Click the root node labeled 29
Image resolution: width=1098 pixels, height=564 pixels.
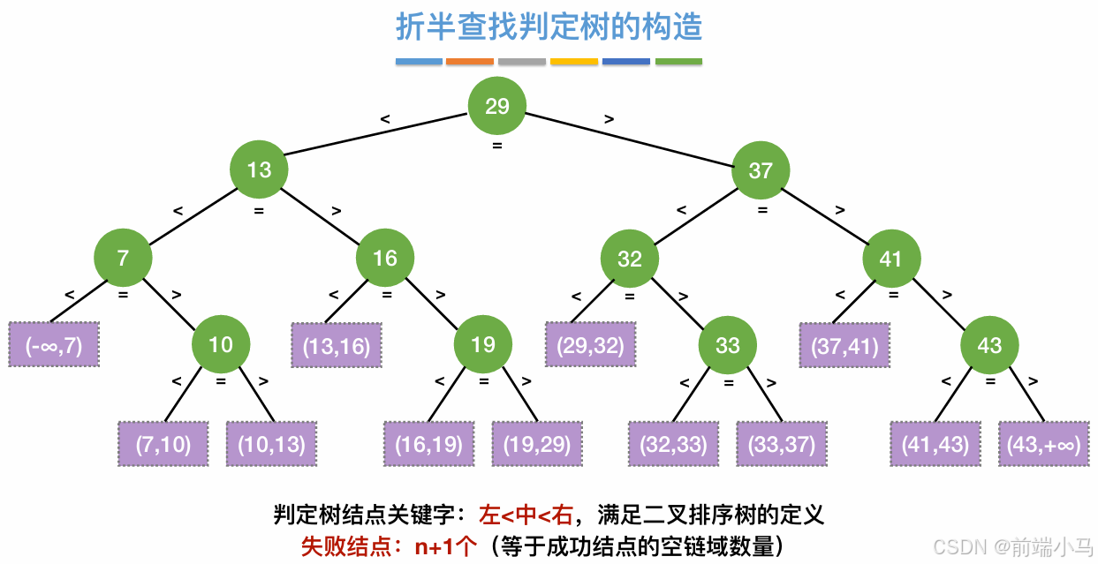(496, 106)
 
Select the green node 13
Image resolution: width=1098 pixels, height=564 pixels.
(259, 169)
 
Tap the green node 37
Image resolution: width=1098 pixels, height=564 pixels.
(760, 169)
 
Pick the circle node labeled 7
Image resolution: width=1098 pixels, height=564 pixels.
(123, 258)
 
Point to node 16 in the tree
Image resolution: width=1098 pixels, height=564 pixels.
(385, 258)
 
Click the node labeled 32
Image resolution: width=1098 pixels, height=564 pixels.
(629, 258)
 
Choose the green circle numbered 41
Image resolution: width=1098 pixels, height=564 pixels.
(891, 258)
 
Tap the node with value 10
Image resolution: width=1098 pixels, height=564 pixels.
(221, 343)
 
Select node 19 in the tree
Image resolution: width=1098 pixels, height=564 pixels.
(483, 343)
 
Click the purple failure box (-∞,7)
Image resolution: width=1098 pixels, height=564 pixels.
(54, 345)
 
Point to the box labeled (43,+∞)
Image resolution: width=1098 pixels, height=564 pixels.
(1043, 444)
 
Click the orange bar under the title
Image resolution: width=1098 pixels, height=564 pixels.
(470, 62)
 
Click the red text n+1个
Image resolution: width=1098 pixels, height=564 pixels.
(448, 546)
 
